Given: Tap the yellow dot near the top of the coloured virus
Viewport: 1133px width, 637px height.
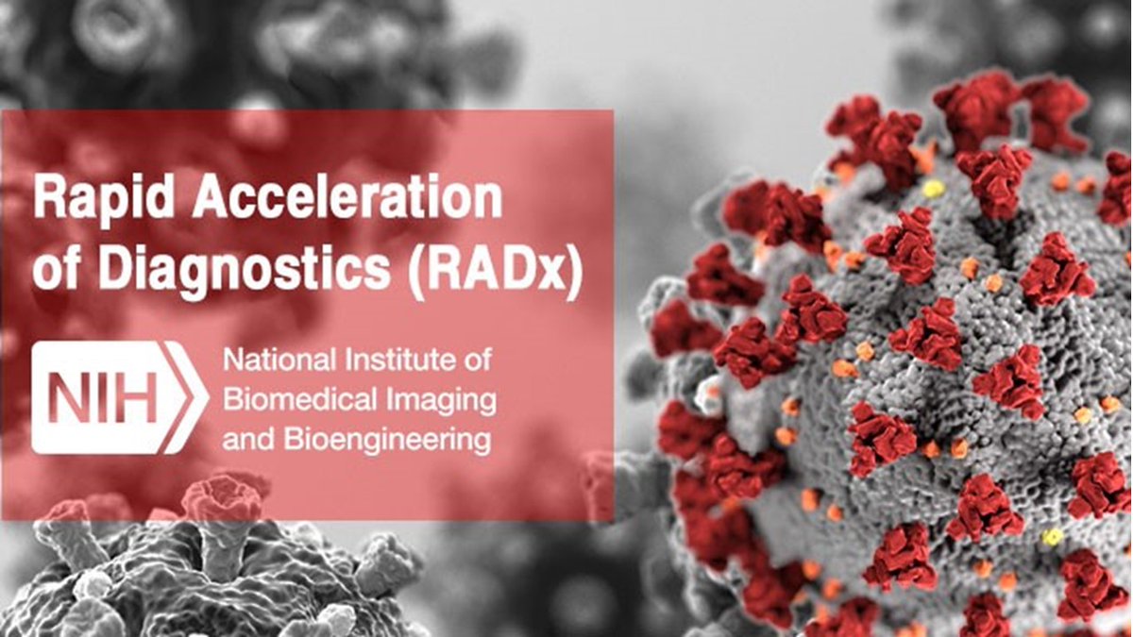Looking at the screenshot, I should click(933, 188).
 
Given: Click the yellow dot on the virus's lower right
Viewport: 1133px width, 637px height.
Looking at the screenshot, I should click(1051, 537).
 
